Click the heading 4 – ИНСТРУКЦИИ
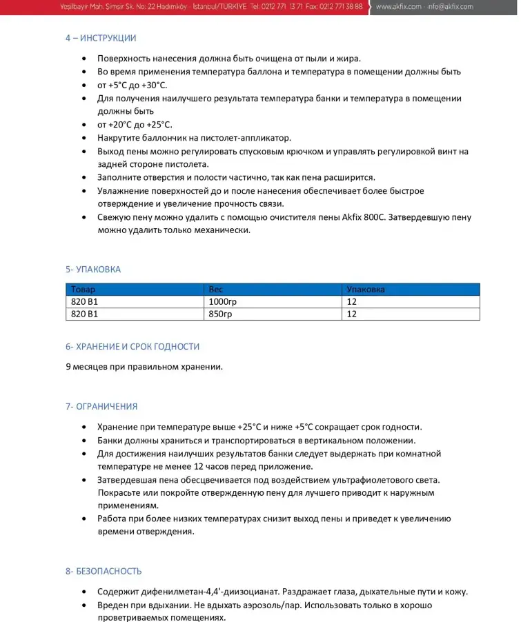click(x=101, y=39)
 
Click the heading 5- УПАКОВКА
click(x=93, y=270)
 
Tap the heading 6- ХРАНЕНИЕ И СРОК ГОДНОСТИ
click(x=132, y=347)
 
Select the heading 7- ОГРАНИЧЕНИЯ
click(x=101, y=407)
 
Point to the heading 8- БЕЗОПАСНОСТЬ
click(x=104, y=572)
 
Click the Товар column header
click(x=83, y=290)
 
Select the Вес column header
click(x=216, y=290)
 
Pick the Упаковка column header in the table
click(x=366, y=290)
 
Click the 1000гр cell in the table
click(x=222, y=302)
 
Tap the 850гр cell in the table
click(x=219, y=314)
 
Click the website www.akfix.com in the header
click(x=398, y=7)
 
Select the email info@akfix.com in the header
click(x=451, y=7)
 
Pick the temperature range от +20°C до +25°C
click(x=135, y=125)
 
